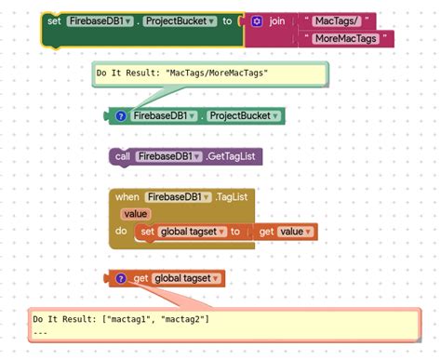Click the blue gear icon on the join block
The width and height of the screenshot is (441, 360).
[x=258, y=20]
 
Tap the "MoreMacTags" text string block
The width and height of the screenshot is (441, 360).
[x=347, y=38]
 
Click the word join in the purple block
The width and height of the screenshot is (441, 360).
[x=278, y=20]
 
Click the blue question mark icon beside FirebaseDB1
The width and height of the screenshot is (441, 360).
[x=121, y=116]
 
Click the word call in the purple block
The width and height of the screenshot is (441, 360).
[x=123, y=156]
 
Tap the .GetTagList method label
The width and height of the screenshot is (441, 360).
[x=229, y=156]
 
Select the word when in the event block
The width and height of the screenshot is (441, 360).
[x=127, y=196]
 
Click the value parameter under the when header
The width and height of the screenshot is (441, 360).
[x=136, y=214]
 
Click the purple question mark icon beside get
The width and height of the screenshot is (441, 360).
[x=121, y=278]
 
